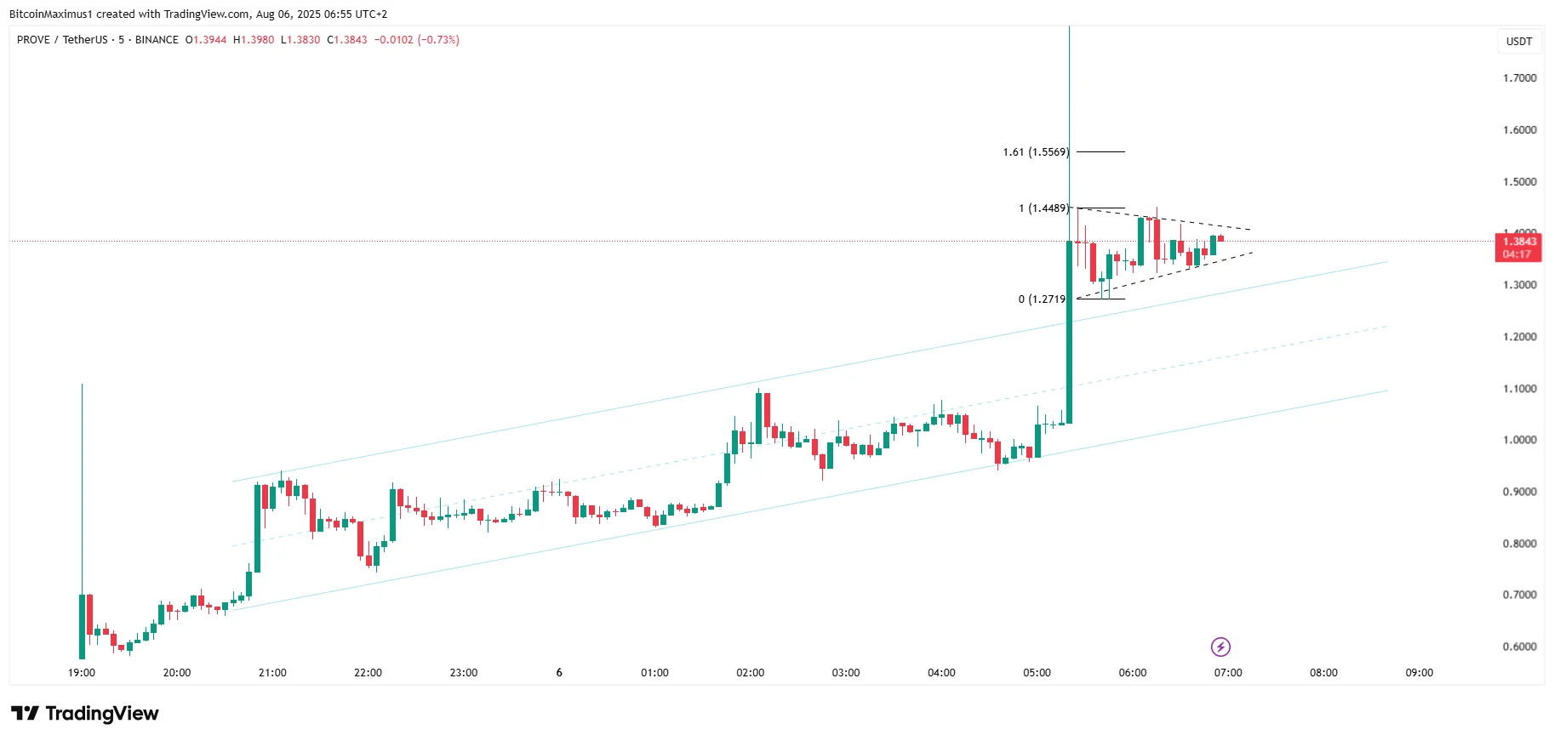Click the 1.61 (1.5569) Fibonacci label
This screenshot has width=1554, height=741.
[1035, 152]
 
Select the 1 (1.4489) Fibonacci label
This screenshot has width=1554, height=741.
[1043, 208]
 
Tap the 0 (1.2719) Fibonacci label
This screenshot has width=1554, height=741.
[1042, 299]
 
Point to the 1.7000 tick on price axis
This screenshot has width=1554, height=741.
[1519, 78]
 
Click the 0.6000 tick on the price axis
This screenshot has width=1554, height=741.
[1519, 647]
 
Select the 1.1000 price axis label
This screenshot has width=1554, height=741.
[1519, 389]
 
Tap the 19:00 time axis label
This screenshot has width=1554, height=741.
[82, 673]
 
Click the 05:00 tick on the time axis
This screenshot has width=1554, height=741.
[1037, 673]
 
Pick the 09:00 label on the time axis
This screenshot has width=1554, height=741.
[1419, 673]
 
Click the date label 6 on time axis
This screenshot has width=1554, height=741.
[559, 673]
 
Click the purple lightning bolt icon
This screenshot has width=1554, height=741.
[1220, 647]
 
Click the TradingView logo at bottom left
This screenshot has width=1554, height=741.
[85, 713]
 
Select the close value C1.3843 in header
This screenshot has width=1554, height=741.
[347, 40]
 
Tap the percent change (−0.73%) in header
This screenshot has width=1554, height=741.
[438, 40]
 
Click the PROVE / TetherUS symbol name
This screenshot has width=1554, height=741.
[62, 40]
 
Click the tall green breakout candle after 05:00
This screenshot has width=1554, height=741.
[1069, 332]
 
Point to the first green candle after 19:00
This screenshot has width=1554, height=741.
[82, 625]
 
